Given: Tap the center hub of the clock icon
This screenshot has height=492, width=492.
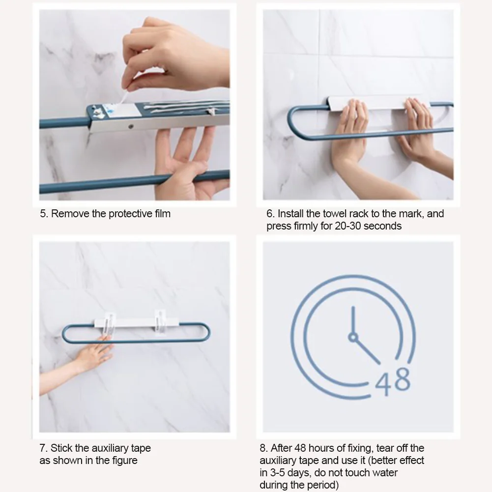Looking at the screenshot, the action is tap(353, 337).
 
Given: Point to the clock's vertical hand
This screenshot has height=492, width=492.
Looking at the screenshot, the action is tap(353, 320).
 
